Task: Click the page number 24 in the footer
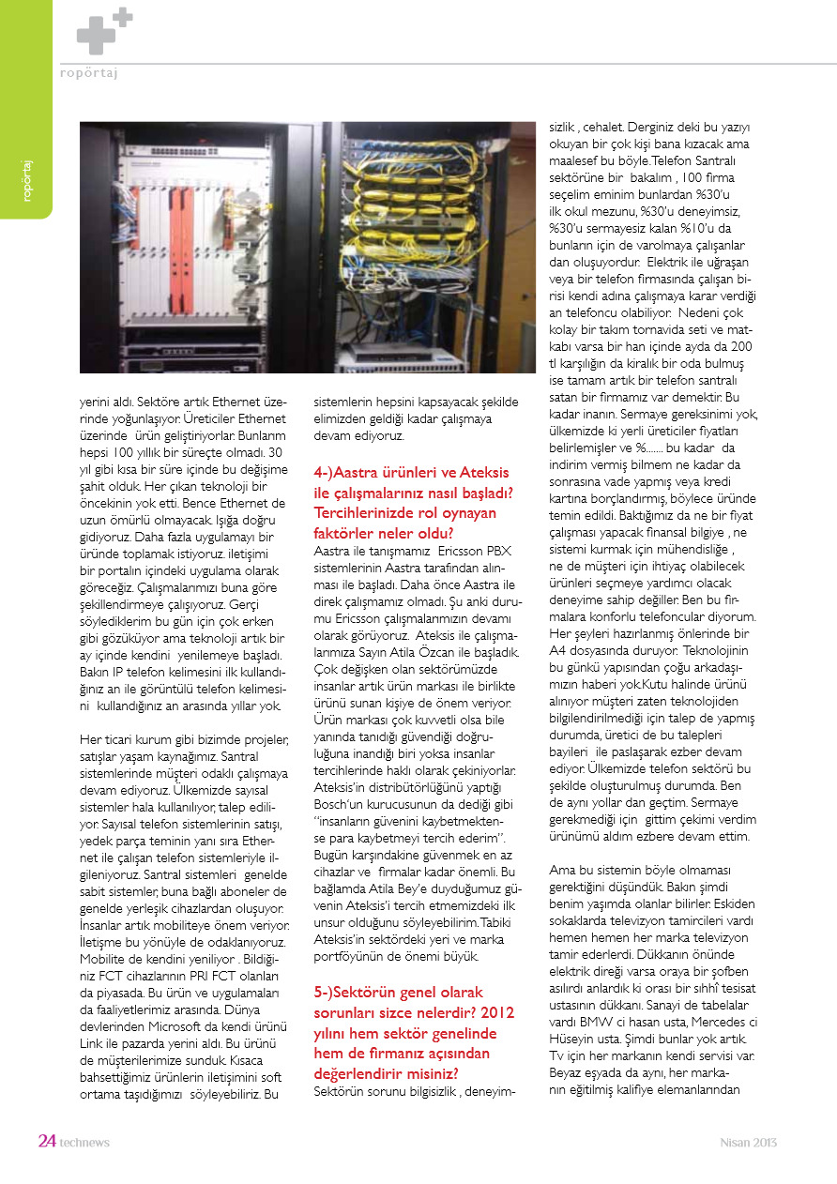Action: (47, 1142)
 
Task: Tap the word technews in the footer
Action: (84, 1143)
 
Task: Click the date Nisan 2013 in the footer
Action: (748, 1143)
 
